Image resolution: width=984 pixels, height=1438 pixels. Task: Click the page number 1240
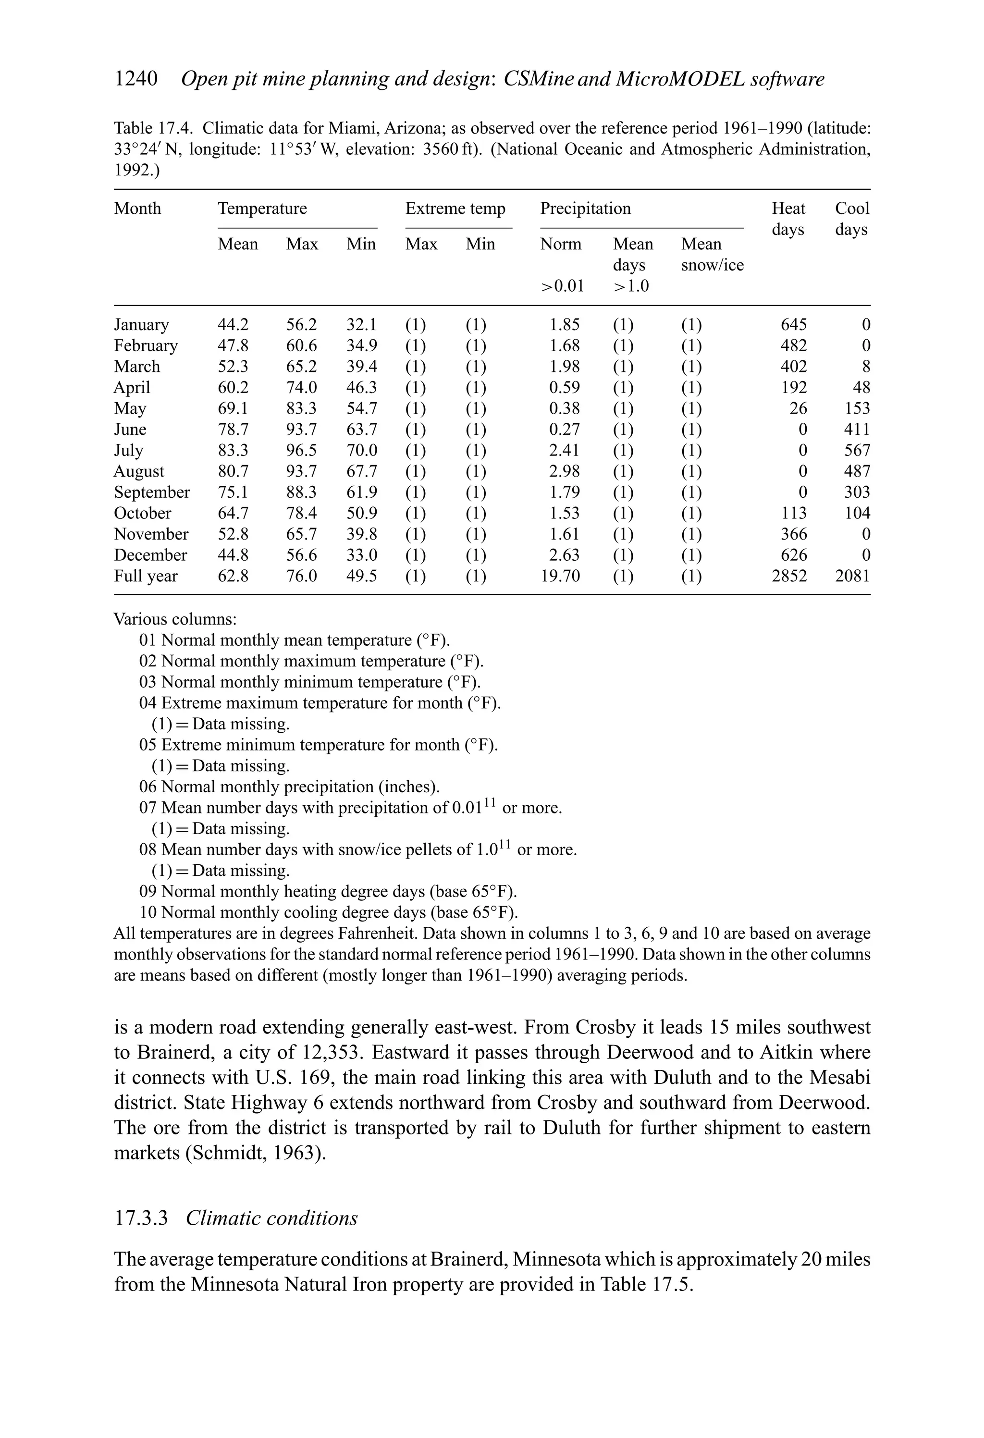tap(136, 79)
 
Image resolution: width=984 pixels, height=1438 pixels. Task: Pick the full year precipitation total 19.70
tap(560, 576)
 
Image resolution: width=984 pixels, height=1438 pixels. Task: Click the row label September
tap(152, 492)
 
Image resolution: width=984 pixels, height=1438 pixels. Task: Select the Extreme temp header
tap(455, 209)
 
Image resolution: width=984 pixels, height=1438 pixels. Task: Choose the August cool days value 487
tap(857, 471)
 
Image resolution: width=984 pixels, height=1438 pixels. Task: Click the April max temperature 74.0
tap(301, 388)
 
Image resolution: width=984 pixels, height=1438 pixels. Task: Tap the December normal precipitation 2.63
tap(565, 555)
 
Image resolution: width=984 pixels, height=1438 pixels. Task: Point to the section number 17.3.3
tap(141, 1218)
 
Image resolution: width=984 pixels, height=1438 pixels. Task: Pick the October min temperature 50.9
tap(361, 514)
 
